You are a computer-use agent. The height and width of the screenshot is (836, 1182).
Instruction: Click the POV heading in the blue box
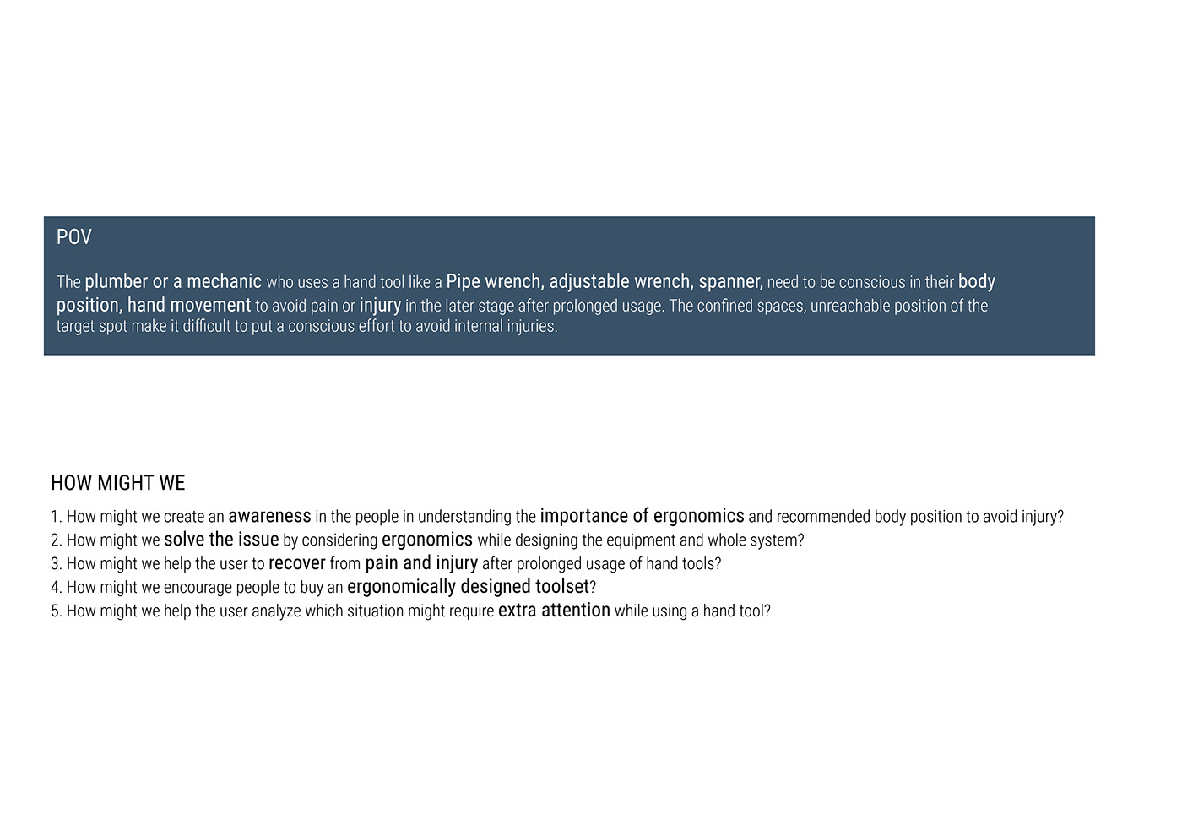coord(73,237)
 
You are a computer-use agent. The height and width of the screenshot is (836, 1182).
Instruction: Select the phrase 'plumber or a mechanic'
coord(173,281)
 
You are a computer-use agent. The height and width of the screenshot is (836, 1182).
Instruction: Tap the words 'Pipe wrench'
coord(493,281)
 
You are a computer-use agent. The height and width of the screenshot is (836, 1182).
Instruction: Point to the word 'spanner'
coord(729,281)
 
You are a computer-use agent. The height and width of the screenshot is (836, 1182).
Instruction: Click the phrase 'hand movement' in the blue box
coord(189,305)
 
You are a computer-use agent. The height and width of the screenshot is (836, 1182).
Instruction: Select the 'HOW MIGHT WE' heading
coord(117,483)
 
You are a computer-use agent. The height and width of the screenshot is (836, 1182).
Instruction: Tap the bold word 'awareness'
coord(269,516)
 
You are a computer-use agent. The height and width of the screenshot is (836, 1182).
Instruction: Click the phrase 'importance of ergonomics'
coord(642,516)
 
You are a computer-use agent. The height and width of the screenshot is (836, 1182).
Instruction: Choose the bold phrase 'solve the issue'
coord(221,540)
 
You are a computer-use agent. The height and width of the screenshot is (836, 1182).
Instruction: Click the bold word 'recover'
coord(296,563)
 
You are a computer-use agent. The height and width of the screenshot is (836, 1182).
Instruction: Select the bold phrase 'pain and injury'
coord(421,563)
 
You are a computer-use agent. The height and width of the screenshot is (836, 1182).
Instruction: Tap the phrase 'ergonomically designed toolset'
coord(468,587)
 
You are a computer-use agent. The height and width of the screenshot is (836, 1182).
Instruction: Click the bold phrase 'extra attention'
coord(554,611)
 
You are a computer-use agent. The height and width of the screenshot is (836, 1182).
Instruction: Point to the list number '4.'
coord(57,587)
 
